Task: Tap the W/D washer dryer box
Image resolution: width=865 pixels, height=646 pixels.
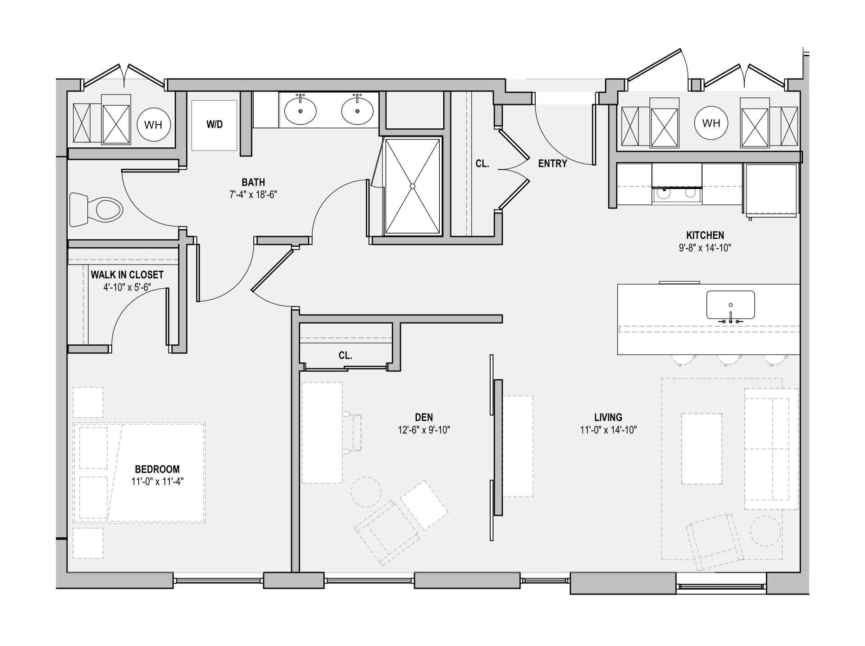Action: pos(214,125)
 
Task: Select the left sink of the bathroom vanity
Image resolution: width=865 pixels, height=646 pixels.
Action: pos(300,111)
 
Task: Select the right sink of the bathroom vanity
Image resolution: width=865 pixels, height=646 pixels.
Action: pos(357,111)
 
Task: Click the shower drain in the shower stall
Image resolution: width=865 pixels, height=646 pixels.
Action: pos(412,186)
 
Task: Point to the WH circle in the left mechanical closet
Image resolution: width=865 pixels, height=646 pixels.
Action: pos(153,125)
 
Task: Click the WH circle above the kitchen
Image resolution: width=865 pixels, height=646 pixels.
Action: pos(711,123)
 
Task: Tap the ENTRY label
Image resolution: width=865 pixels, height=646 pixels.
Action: pos(552,164)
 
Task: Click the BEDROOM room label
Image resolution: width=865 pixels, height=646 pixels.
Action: pos(157,469)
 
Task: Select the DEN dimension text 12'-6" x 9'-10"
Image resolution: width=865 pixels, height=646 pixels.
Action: pos(424,430)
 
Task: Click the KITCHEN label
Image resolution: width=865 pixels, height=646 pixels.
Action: pos(705,235)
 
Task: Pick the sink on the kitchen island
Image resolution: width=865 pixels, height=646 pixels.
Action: pos(730,305)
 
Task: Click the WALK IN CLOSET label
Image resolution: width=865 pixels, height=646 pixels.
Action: pos(127,275)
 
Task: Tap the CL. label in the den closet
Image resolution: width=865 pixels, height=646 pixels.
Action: pos(346,355)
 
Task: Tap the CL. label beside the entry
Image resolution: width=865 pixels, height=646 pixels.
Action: pos(482,164)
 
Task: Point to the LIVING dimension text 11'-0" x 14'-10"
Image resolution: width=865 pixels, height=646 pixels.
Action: pos(608,430)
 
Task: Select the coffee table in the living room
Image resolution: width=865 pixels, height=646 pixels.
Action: pos(701,449)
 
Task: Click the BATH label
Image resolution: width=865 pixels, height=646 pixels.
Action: pos(253,182)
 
